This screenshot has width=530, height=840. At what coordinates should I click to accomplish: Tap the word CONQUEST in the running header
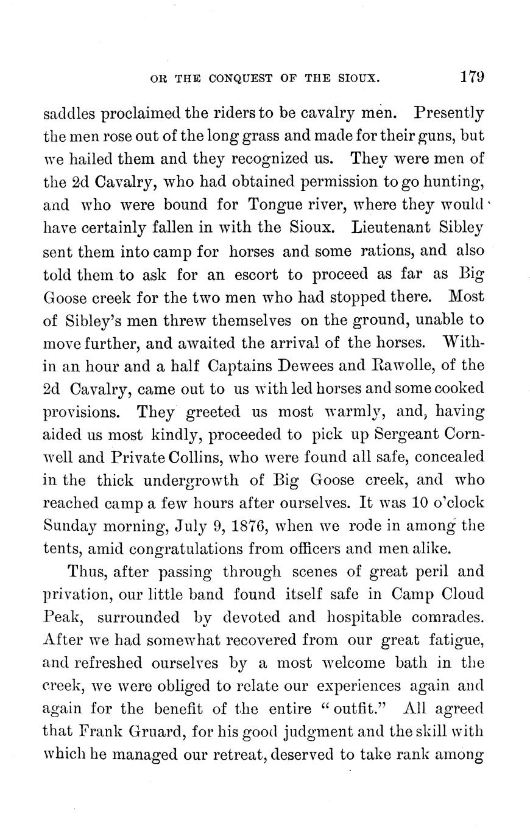point(236,79)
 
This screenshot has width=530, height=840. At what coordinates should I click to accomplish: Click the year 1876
point(237,525)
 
